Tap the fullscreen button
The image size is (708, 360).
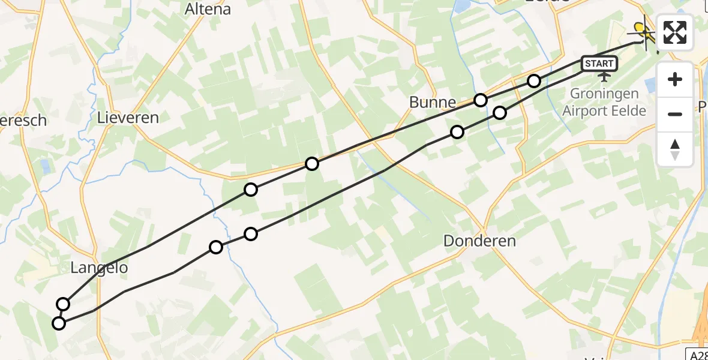pyautogui.click(x=675, y=32)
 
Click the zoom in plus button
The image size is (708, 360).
pyautogui.click(x=675, y=79)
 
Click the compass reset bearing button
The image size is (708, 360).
pyautogui.click(x=675, y=149)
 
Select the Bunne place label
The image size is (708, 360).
pyautogui.click(x=433, y=103)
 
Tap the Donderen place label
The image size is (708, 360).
pyautogui.click(x=479, y=241)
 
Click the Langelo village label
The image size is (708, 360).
pyautogui.click(x=99, y=268)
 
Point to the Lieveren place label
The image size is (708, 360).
pyautogui.click(x=128, y=118)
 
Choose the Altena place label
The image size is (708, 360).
pyautogui.click(x=208, y=9)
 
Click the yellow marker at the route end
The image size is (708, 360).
pyautogui.click(x=642, y=29)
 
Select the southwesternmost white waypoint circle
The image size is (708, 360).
pyautogui.click(x=59, y=323)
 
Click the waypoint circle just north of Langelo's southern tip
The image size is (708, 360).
pyautogui.click(x=63, y=304)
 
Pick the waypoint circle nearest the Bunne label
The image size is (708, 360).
pyautogui.click(x=480, y=100)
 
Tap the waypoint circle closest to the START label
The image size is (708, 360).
pyautogui.click(x=533, y=81)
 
